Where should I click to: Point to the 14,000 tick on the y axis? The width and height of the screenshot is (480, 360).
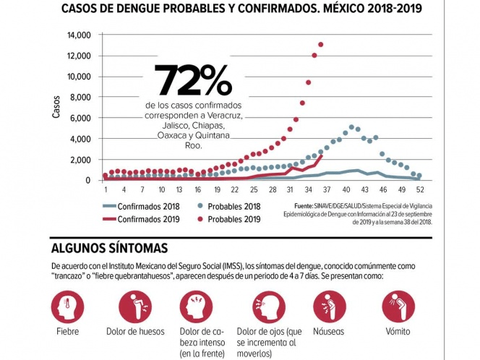click(x=78, y=35)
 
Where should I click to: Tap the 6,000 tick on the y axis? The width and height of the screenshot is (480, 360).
click(x=80, y=118)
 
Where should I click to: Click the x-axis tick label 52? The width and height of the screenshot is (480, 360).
click(x=419, y=190)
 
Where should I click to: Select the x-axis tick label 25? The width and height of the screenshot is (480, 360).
click(x=253, y=190)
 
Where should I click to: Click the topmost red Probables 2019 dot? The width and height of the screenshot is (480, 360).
click(x=320, y=45)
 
